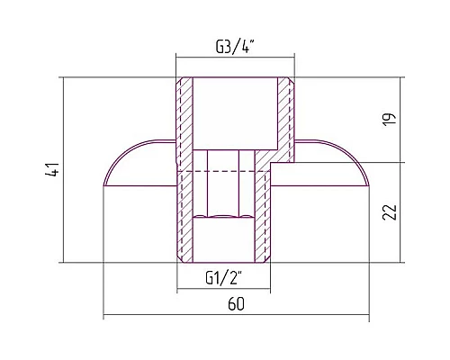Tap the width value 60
tap(236, 304)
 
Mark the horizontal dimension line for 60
tap(236, 317)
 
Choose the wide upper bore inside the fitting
tap(235, 112)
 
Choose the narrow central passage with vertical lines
tap(225, 180)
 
